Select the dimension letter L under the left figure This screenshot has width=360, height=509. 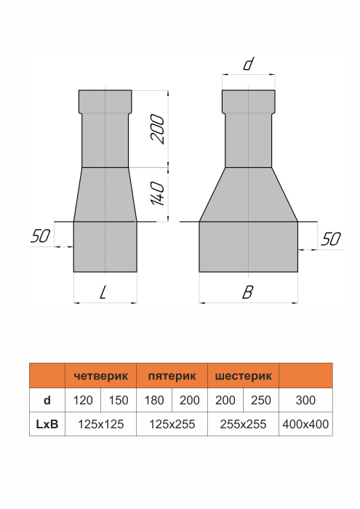click(105, 292)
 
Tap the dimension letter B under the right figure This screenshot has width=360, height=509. click(248, 292)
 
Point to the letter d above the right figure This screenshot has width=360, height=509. click(247, 64)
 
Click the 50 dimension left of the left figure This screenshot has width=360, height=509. click(41, 237)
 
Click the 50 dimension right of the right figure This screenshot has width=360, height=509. click(329, 240)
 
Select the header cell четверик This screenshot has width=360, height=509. click(101, 377)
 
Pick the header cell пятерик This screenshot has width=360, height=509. click(172, 377)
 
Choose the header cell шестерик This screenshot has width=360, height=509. click(243, 377)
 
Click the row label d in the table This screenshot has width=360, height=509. click(47, 400)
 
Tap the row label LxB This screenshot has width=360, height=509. click(47, 423)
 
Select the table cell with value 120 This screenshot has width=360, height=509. click(83, 400)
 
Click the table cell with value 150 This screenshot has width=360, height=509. click(119, 400)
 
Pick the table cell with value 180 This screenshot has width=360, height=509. click(154, 400)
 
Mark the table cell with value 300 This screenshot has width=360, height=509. click(305, 400)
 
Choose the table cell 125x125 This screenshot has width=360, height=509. click(101, 423)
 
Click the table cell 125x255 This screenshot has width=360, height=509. click(172, 423)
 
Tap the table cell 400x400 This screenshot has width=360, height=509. click(305, 423)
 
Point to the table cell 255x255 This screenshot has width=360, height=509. click(243, 423)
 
